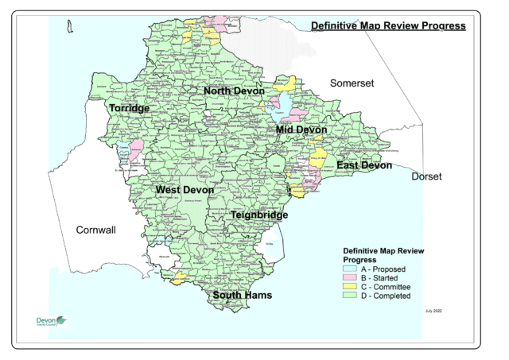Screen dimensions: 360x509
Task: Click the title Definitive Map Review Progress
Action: pyautogui.click(x=387, y=25)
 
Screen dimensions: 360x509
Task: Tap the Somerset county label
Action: pyautogui.click(x=352, y=83)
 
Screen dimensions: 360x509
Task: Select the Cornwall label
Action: pyautogui.click(x=95, y=230)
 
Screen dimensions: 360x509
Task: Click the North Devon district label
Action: pyautogui.click(x=233, y=91)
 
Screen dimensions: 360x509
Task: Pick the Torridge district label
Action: pyautogui.click(x=129, y=108)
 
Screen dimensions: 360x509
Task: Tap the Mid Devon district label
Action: pyautogui.click(x=301, y=130)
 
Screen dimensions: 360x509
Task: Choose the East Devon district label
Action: pyautogui.click(x=363, y=165)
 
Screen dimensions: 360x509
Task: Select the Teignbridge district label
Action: pyautogui.click(x=258, y=215)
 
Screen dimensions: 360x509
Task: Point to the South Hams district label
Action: pyautogui.click(x=242, y=295)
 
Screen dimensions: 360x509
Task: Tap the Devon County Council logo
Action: pyautogui.click(x=52, y=321)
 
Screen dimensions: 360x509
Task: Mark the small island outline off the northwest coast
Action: pyautogui.click(x=70, y=29)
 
